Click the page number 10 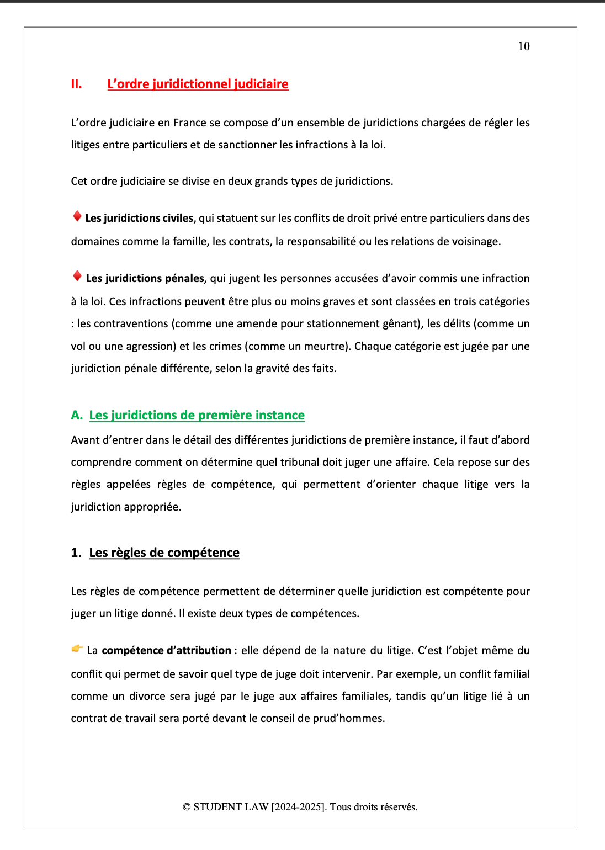pos(523,46)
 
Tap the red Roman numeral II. pos(76,84)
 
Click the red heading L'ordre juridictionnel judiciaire pos(198,84)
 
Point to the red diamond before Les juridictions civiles pos(77,216)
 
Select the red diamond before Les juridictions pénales pos(77,277)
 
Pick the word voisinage pos(475,241)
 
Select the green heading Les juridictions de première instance pos(197,415)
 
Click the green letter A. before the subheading pos(77,415)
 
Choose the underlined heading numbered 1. pos(164,552)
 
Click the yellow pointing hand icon pos(77,649)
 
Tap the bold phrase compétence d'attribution pos(166,650)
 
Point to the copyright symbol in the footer pos(187,807)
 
